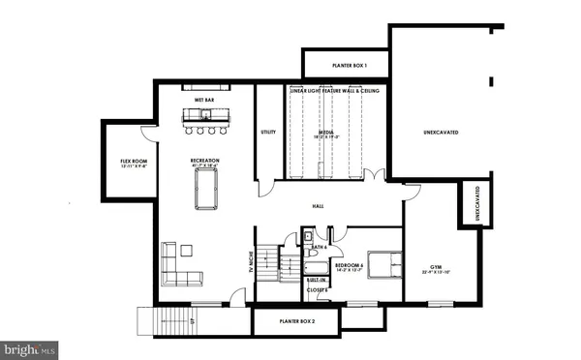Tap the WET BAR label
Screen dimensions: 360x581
[x=204, y=100]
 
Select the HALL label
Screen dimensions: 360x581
[x=317, y=206]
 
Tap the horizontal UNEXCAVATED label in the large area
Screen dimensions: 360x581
[x=441, y=131]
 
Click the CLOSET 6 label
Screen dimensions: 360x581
[x=318, y=289]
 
